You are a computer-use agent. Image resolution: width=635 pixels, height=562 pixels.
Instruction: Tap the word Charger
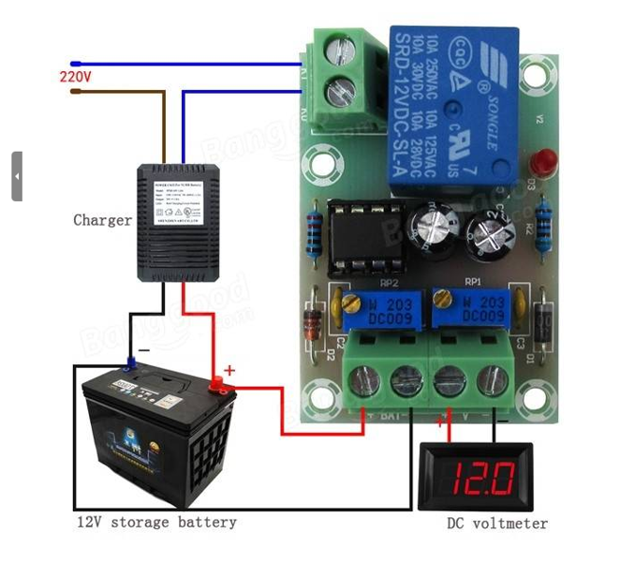(x=102, y=220)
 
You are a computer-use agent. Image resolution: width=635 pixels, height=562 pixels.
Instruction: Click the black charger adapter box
(x=178, y=222)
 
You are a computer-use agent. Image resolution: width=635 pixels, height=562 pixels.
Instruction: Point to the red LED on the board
(x=542, y=162)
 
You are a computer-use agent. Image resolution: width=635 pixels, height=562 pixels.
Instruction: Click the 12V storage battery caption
(x=156, y=522)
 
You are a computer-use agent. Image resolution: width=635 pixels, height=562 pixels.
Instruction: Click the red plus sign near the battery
(x=229, y=370)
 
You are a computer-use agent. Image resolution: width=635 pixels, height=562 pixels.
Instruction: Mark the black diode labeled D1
(x=541, y=323)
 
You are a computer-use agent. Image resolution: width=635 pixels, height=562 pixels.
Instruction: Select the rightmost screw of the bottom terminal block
(x=492, y=381)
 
